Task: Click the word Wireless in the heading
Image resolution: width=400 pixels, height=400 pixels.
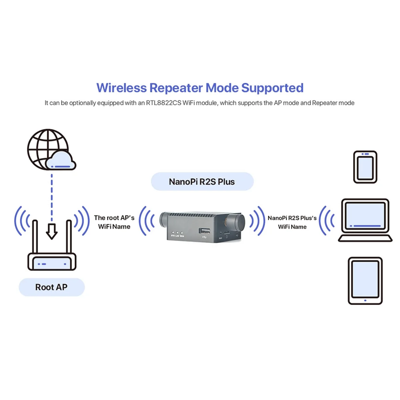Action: [x=121, y=88]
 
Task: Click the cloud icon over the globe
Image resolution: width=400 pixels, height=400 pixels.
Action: [x=61, y=161]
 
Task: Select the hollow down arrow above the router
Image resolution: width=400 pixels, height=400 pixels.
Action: [x=52, y=231]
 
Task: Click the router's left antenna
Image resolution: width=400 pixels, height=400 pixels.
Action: [x=35, y=237]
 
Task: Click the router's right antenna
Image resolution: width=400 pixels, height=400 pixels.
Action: [x=69, y=237]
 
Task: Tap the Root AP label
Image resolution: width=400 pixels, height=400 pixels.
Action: [x=52, y=287]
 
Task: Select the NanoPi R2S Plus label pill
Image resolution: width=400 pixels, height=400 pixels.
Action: [x=202, y=182]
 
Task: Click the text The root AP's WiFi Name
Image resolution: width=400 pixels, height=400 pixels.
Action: [x=114, y=222]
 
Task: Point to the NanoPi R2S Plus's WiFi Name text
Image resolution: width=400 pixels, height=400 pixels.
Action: [x=292, y=222]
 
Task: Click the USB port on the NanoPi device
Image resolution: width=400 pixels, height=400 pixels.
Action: [x=204, y=231]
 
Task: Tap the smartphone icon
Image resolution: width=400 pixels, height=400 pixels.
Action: [x=365, y=167]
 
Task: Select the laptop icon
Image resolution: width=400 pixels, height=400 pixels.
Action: [x=365, y=220]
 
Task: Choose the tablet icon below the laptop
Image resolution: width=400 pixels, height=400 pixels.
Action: [x=365, y=281]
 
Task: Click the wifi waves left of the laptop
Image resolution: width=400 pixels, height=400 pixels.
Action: [x=327, y=220]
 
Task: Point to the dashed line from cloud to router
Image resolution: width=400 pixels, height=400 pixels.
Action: [x=52, y=197]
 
